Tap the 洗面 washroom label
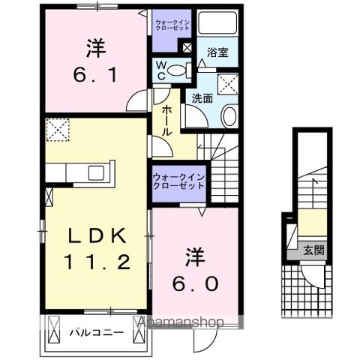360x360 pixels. [201, 97]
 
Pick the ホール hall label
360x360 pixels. [166, 119]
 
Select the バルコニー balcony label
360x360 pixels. [97, 330]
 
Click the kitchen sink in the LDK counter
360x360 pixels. [96, 172]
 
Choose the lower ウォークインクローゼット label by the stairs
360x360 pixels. [179, 181]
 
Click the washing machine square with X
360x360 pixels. [227, 83]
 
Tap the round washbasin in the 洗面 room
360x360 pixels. [229, 115]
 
